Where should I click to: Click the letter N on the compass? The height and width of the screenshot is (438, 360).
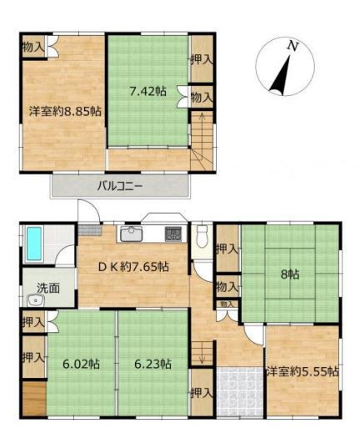292,46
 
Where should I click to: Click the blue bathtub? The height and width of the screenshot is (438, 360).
34,244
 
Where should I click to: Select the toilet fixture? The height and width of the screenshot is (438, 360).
201,236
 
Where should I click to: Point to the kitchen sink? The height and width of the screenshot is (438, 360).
132,234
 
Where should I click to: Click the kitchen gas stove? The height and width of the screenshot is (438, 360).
173,234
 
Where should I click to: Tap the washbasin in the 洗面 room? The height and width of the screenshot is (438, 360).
36,300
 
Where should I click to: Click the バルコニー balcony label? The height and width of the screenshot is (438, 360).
120,186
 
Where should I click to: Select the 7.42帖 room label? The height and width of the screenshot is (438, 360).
147,91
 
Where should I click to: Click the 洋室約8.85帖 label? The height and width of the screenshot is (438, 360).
65,112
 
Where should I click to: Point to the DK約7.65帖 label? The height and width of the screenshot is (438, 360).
133,267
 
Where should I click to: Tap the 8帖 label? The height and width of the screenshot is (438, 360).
290,274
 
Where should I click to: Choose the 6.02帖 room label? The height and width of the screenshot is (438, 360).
81,364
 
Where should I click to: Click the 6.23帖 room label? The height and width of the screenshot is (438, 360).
153,364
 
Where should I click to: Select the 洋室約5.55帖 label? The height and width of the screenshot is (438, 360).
302,372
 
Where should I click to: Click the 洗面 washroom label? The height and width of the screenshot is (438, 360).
48,288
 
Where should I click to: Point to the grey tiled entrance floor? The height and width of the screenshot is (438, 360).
240,391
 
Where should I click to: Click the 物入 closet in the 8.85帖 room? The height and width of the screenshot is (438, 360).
33,47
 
